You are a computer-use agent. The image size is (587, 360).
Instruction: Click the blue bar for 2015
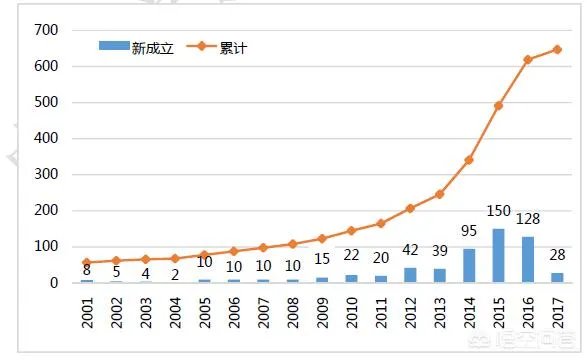click(499, 256)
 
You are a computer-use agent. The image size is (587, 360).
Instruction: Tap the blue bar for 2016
click(528, 260)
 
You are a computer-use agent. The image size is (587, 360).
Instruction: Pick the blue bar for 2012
click(410, 275)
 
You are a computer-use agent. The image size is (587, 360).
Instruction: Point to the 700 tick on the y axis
click(46, 30)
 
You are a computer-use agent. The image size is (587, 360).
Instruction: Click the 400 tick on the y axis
click(46, 138)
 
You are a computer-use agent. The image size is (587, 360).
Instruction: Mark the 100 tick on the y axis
click(46, 246)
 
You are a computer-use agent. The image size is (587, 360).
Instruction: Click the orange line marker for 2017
click(557, 49)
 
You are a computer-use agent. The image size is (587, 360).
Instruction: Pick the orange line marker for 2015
click(499, 106)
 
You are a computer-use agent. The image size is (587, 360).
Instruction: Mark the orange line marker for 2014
click(469, 160)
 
